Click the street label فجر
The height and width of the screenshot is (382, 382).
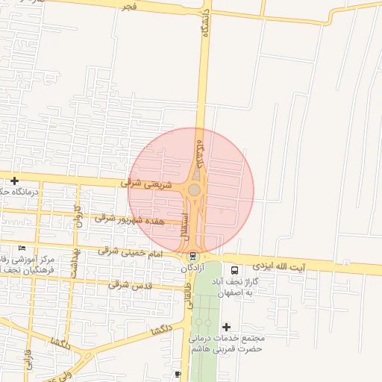[x=129, y=7]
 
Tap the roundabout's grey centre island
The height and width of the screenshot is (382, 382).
[x=194, y=190]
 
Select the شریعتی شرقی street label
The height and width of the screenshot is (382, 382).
[x=146, y=184]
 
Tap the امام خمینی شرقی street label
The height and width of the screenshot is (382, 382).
[x=130, y=253]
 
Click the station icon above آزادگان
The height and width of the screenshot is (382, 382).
[x=194, y=256]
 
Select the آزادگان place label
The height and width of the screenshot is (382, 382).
[x=192, y=267]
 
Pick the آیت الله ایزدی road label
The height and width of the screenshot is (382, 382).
[x=279, y=266]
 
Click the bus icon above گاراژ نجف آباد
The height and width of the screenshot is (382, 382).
[x=234, y=271]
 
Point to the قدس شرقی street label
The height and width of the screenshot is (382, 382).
[x=130, y=284]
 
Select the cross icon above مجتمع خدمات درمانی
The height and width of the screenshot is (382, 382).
[x=227, y=327]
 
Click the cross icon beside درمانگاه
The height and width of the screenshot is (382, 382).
[x=14, y=181]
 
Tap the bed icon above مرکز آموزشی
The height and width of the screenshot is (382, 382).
[x=22, y=248]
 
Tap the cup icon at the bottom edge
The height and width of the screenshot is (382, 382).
[x=177, y=374]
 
